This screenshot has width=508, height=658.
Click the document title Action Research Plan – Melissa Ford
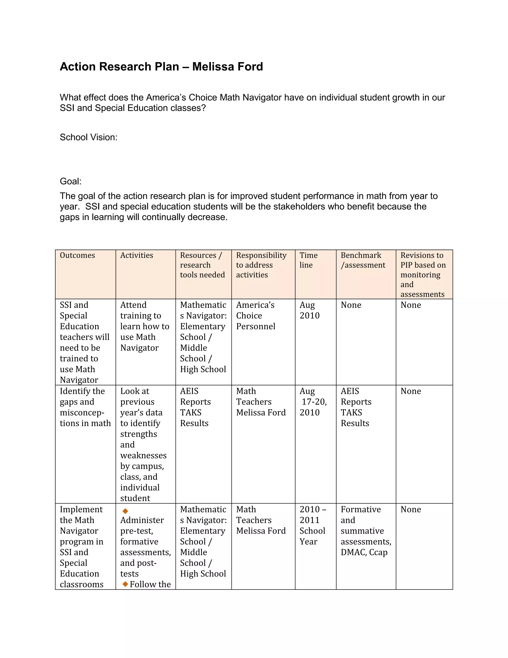[161, 67]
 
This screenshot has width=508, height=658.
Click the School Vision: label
[89, 137]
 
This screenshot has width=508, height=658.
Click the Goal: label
[70, 181]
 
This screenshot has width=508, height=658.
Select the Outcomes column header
[77, 256]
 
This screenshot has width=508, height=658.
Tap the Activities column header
[137, 256]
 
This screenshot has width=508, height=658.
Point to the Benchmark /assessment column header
[363, 260]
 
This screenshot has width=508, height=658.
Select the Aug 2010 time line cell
[309, 310]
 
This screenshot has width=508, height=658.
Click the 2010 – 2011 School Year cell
[312, 525]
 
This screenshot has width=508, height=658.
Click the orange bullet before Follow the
[126, 584]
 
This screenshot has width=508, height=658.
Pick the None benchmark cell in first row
[351, 305]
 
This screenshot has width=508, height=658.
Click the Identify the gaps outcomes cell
[85, 407]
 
